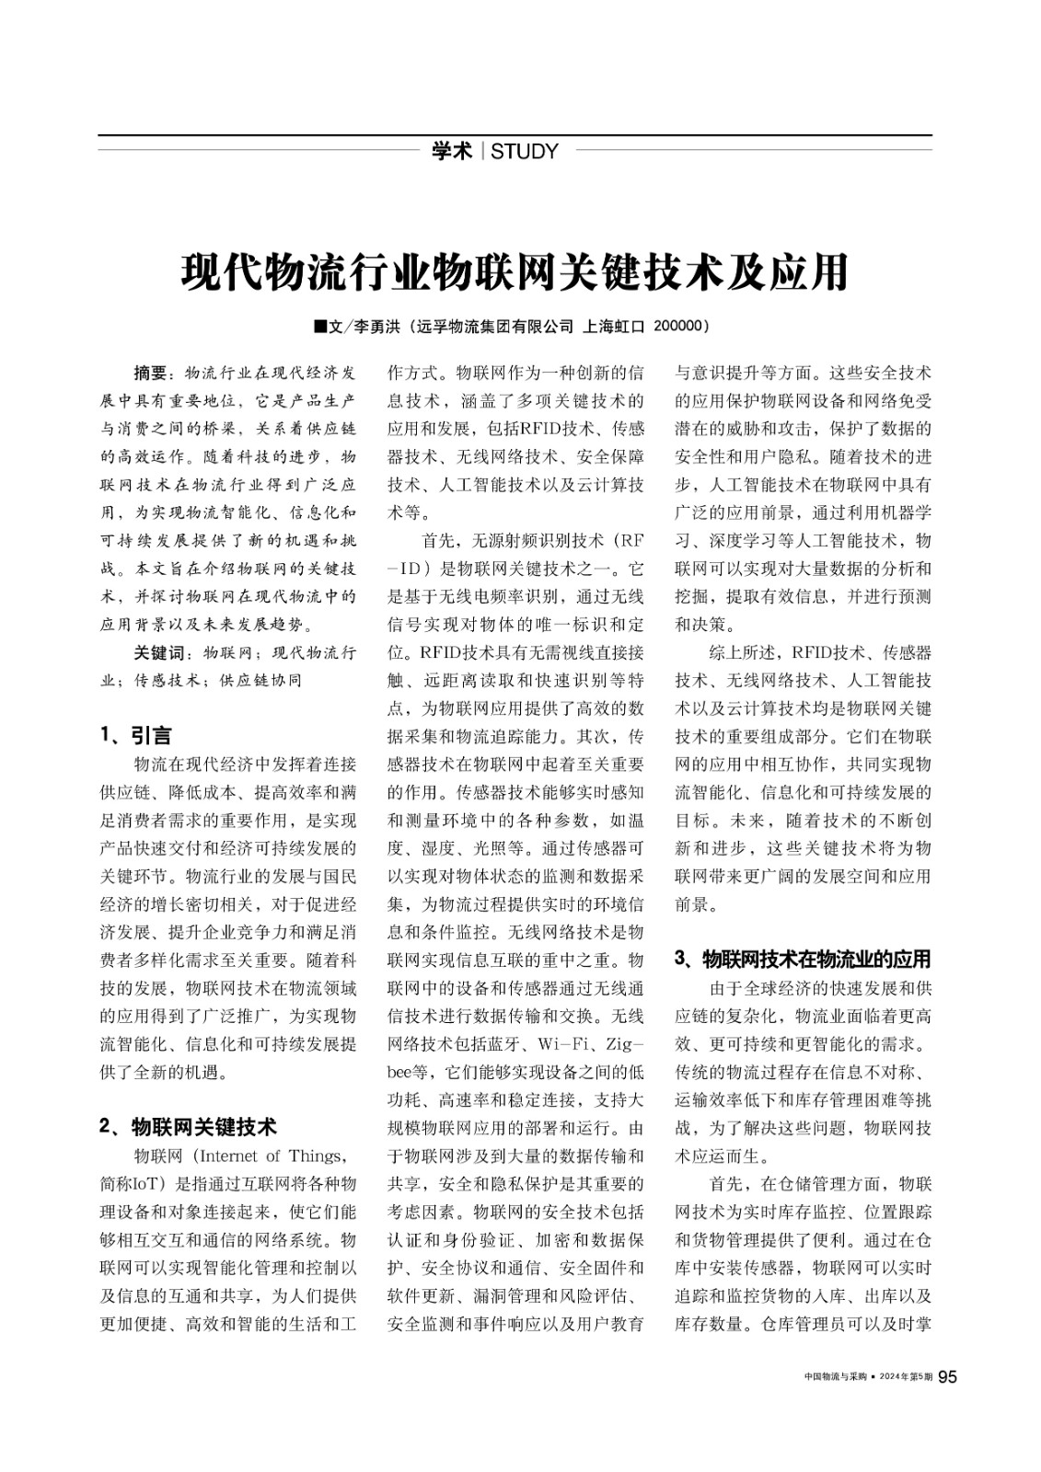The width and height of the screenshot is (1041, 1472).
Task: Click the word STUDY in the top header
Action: pos(525,152)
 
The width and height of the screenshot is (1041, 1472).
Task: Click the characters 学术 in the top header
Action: pos(452,152)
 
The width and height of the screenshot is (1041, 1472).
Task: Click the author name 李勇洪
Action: pos(378,327)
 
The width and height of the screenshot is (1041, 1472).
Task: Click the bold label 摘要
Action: pos(150,374)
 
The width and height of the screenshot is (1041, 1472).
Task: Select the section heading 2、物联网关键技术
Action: pos(187,1126)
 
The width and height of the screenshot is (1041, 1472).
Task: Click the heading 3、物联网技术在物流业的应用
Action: pos(803,960)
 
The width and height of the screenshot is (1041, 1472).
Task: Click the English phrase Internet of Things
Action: pos(272,1156)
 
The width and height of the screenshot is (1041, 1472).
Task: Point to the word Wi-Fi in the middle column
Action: pos(563,1044)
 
